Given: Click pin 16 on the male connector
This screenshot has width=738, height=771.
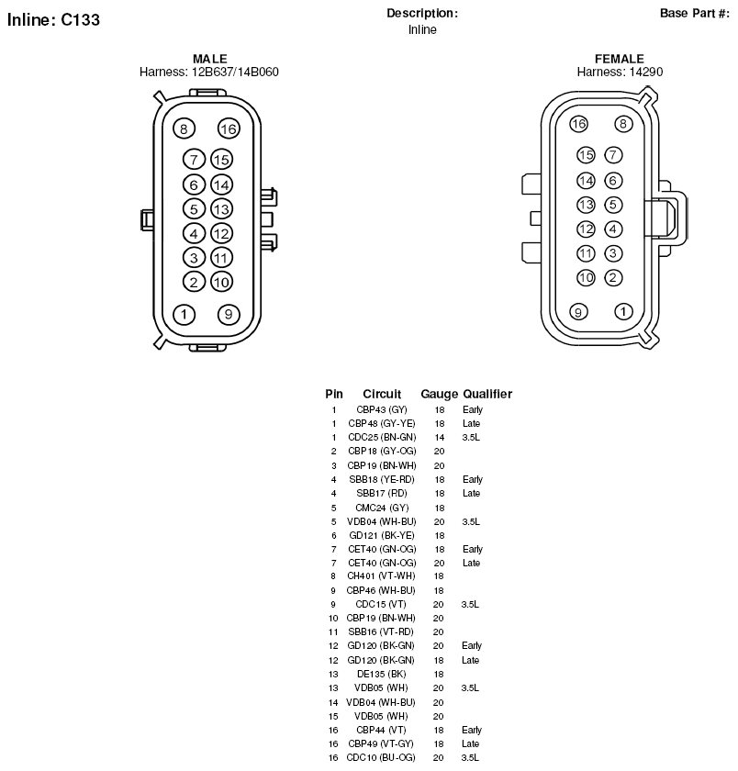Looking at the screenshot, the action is pyautogui.click(x=229, y=128).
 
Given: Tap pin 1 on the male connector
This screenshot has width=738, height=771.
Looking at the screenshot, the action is pyautogui.click(x=184, y=314).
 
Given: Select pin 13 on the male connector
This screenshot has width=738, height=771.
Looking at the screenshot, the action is pyautogui.click(x=221, y=209).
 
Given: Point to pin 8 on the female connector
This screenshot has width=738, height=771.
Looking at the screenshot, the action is pyautogui.click(x=623, y=124).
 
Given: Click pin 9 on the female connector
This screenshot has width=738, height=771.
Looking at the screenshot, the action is pyautogui.click(x=578, y=312).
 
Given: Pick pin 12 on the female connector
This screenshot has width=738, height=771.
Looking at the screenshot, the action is pyautogui.click(x=586, y=229).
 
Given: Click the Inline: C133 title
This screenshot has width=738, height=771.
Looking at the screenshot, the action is pyautogui.click(x=53, y=19).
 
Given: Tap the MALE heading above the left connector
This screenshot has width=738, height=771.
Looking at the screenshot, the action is pyautogui.click(x=210, y=59).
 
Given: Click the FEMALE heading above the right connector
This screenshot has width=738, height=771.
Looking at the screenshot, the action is pyautogui.click(x=620, y=59).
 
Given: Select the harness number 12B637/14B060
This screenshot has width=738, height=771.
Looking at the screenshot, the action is pyautogui.click(x=235, y=73).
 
